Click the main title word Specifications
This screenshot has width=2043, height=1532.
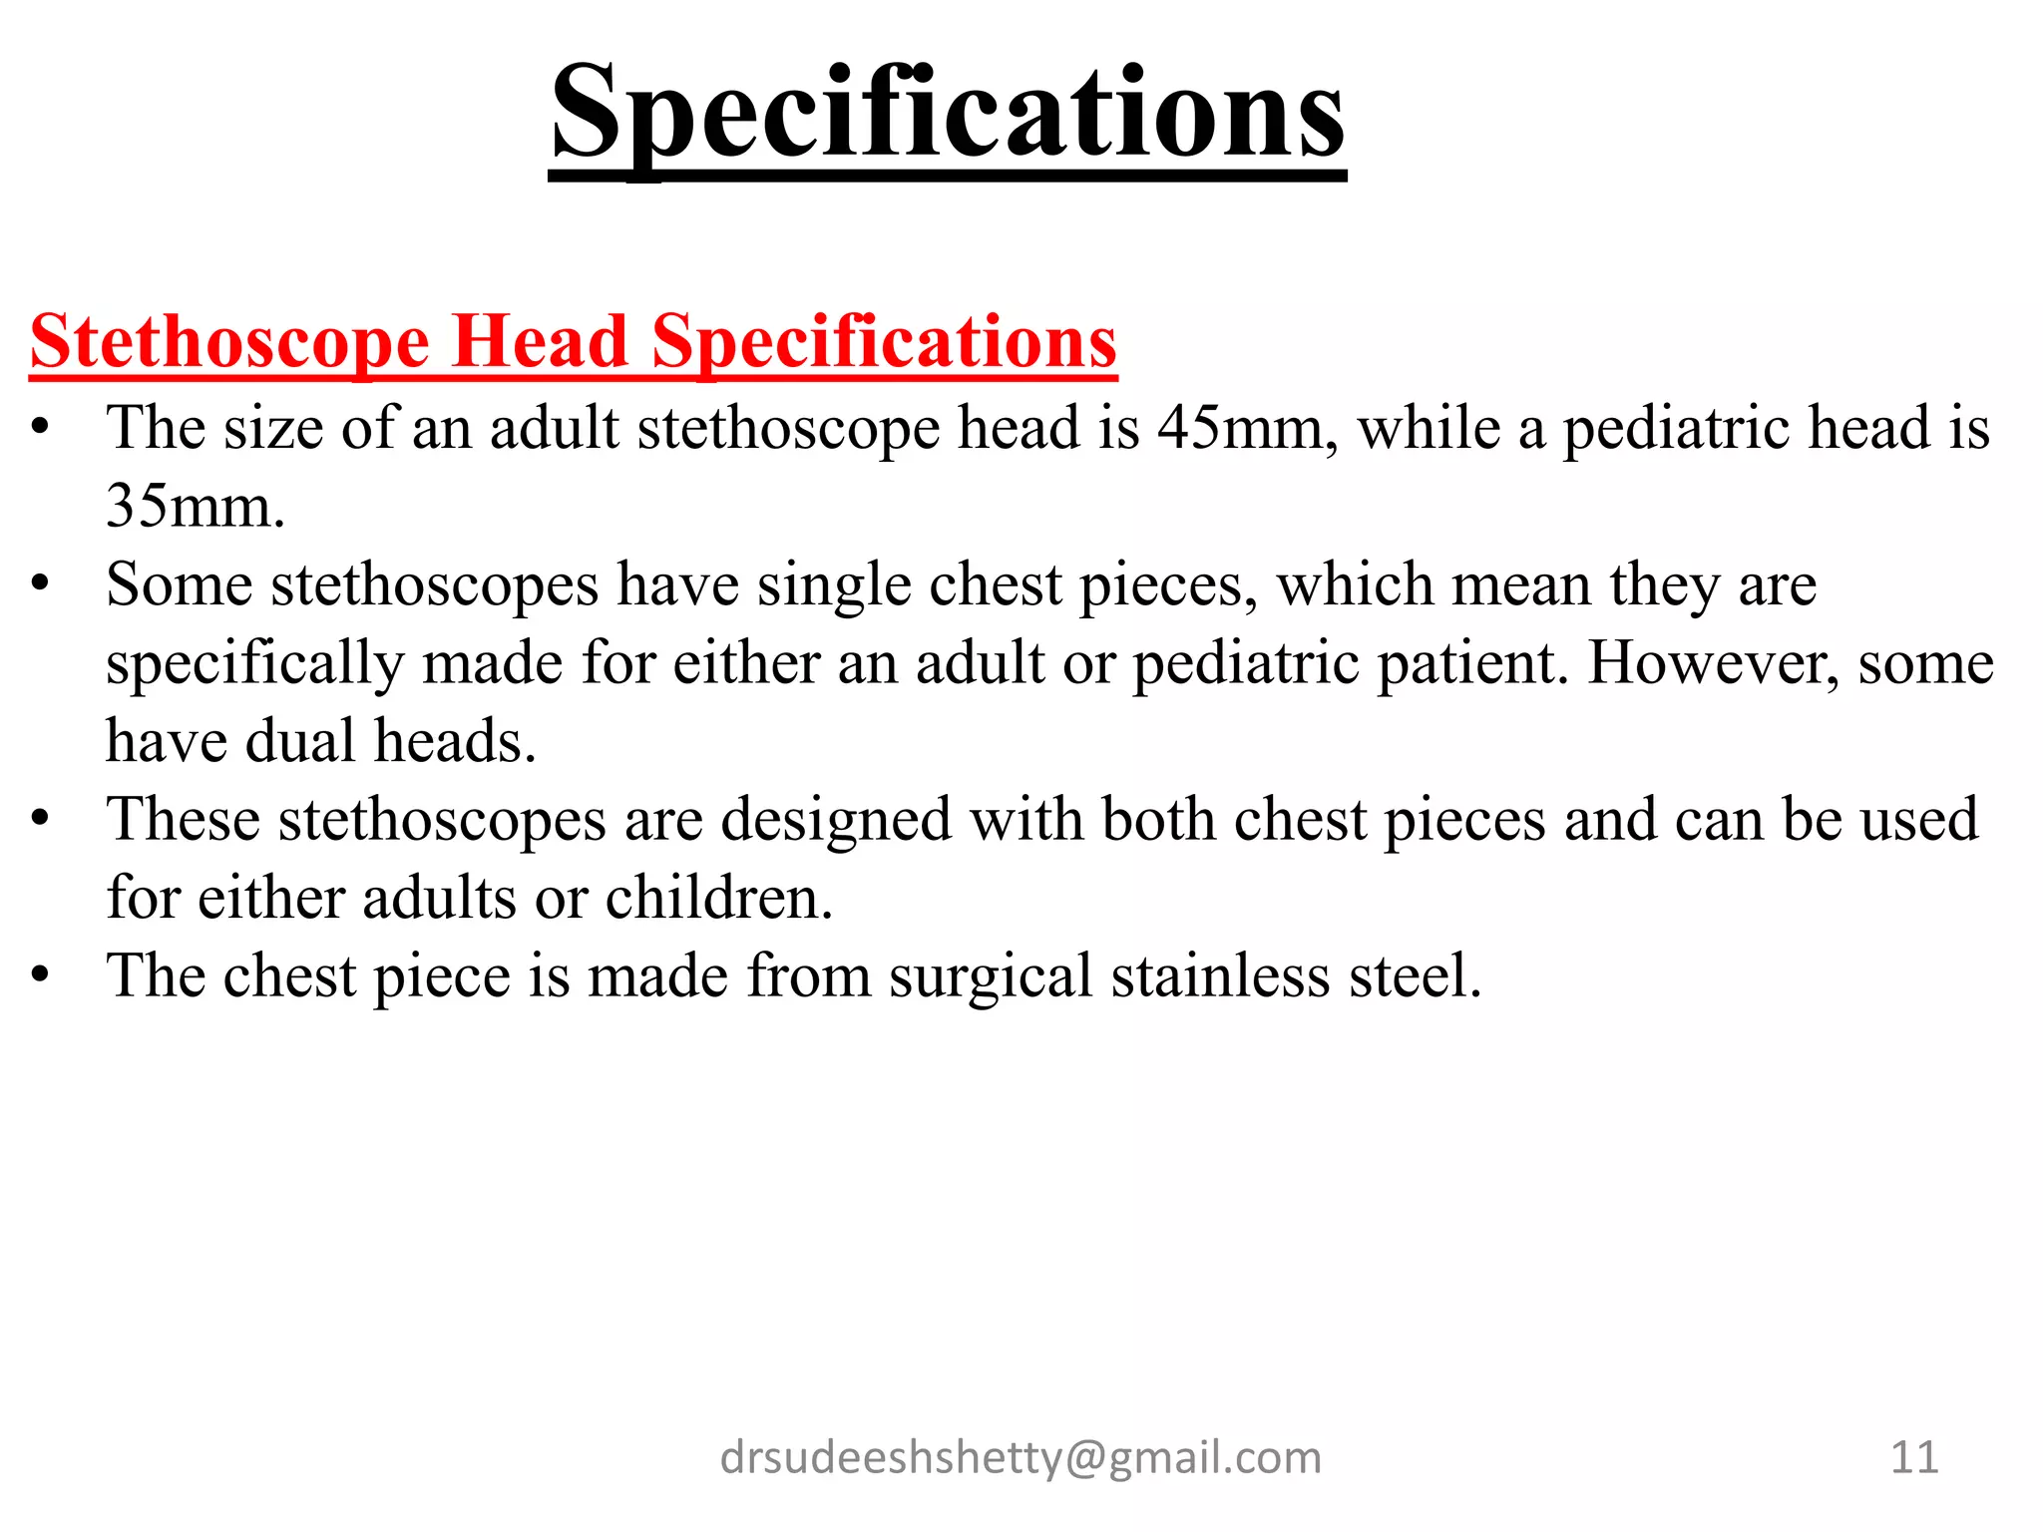948,112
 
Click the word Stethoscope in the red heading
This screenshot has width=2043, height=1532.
230,342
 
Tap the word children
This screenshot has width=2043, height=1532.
718,898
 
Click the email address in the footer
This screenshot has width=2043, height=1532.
1021,1458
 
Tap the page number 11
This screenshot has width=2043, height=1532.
1914,1458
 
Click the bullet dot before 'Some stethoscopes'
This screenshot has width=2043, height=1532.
40,585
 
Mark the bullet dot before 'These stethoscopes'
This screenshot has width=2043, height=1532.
40,820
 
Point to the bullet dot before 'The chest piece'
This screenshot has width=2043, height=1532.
40,976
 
